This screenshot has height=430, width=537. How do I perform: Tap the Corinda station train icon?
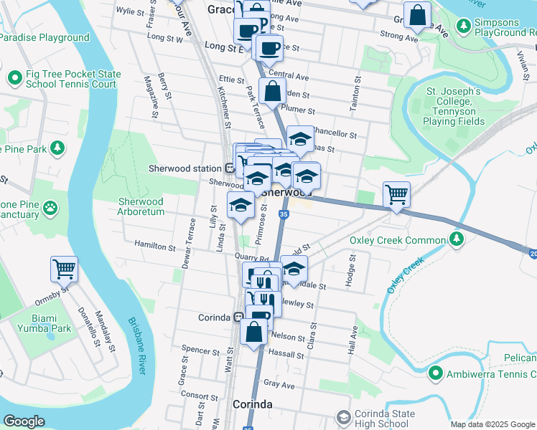[237, 317]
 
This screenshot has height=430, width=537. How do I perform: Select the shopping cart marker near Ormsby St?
[64, 269]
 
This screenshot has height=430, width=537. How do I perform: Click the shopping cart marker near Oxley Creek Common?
[396, 193]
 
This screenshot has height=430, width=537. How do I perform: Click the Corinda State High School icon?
[344, 417]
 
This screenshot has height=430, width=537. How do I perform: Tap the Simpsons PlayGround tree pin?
[464, 27]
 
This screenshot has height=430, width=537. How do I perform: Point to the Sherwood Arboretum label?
[141, 206]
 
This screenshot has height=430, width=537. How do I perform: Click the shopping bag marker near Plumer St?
[273, 92]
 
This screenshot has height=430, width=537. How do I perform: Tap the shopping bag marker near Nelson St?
[254, 333]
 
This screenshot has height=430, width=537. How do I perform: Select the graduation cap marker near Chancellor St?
[300, 138]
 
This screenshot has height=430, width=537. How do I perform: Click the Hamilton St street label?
[156, 247]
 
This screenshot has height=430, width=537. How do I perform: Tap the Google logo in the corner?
[24, 421]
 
